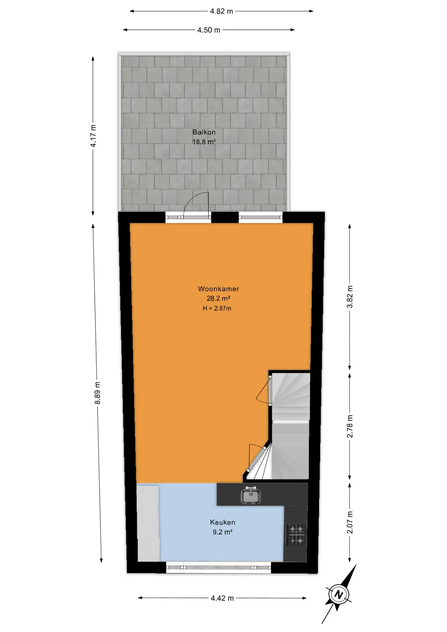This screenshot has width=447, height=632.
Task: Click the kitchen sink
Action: pyautogui.click(x=250, y=495)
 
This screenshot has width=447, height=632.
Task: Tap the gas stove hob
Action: pyautogui.click(x=296, y=535)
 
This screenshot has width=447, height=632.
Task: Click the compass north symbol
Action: pyautogui.click(x=338, y=594)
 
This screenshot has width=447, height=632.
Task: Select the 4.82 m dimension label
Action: pyautogui.click(x=222, y=11)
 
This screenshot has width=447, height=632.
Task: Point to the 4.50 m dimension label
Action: pyautogui.click(x=209, y=30)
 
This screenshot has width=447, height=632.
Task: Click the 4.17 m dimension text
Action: pyautogui.click(x=93, y=136)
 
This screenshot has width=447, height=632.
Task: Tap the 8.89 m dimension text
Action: pyautogui.click(x=97, y=393)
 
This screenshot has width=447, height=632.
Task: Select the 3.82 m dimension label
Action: pyautogui.click(x=350, y=297)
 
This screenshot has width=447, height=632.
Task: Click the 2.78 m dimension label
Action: pyautogui.click(x=350, y=426)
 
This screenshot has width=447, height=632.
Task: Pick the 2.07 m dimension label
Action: pyautogui.click(x=350, y=522)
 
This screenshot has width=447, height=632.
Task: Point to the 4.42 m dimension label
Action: pyautogui.click(x=222, y=598)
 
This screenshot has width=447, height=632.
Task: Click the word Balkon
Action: pyautogui.click(x=204, y=132)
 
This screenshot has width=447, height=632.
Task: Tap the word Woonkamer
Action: pyautogui.click(x=219, y=289)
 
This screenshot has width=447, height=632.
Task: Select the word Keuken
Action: pyautogui.click(x=223, y=522)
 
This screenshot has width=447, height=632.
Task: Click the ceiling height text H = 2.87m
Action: pyautogui.click(x=217, y=308)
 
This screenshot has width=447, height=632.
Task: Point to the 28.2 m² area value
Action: pyautogui.click(x=218, y=298)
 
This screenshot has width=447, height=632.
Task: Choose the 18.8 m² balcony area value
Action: pyautogui.click(x=204, y=142)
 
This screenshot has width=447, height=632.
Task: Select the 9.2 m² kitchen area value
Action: pyautogui.click(x=223, y=532)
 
